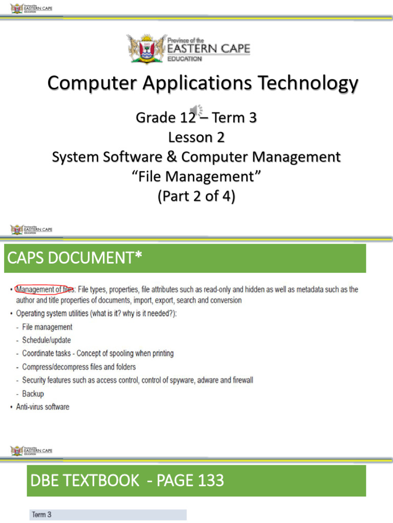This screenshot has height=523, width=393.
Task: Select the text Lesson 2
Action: [196, 137]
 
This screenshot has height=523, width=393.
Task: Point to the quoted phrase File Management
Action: [196, 177]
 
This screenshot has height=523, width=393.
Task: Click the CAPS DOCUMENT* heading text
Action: [73, 258]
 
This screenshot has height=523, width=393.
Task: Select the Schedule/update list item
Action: [47, 340]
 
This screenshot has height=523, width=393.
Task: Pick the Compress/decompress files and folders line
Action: [79, 367]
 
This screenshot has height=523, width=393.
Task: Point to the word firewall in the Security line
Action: [241, 381]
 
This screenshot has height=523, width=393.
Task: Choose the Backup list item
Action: [33, 394]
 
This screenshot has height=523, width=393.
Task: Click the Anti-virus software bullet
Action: [43, 407]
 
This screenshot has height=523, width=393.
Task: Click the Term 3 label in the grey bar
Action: [42, 515]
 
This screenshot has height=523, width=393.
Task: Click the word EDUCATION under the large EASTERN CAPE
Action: [185, 59]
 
